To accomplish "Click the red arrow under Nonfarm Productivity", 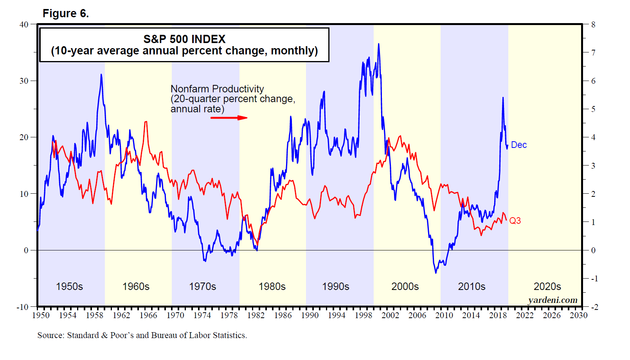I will coord(229,117).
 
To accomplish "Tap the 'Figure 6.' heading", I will coord(66,13).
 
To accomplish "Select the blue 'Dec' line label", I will coord(519,145).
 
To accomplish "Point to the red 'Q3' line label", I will coord(515,221).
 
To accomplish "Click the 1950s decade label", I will coord(69,286).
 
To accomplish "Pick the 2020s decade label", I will coord(547,286).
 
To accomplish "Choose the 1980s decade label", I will coord(272,286).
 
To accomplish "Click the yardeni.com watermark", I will coord(553,300).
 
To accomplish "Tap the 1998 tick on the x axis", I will coord(363,315).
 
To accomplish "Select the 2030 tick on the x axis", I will coord(578,315).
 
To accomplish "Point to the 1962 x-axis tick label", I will coord(121,315).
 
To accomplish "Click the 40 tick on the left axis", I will coord(24,25).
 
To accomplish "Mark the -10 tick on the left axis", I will coord(23,307).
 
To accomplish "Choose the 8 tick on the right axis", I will coord(593,25).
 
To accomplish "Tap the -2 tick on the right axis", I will coord(594,307).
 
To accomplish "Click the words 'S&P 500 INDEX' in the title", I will coord(184,39).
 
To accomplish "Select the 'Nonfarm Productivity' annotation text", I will coord(217,89).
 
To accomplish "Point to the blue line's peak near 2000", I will coord(378,44).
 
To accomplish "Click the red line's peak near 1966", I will coord(146,122).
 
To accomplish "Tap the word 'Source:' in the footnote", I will coord(51,335).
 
